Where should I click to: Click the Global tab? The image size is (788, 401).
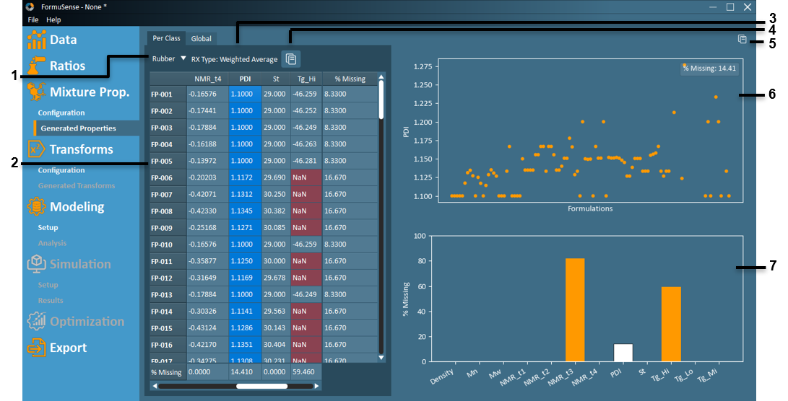202,38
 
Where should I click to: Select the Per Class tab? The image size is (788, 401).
166,38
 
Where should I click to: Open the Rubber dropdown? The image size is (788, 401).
168,59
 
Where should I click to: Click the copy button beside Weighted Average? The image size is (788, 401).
291,59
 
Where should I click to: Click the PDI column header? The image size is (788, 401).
245,79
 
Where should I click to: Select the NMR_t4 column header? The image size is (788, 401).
208,79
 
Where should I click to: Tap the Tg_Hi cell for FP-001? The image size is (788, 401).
306,94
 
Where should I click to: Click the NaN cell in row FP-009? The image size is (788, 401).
306,228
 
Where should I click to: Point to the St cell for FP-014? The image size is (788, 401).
275,311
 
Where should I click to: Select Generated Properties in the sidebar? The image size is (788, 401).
78,128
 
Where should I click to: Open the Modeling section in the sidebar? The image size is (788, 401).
77,207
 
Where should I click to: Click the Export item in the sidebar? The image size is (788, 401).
68,348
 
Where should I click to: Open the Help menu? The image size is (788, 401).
53,20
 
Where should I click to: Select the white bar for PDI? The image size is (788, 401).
623,353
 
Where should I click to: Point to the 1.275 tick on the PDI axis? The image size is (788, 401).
422,66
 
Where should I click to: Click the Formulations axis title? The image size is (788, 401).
590,209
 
